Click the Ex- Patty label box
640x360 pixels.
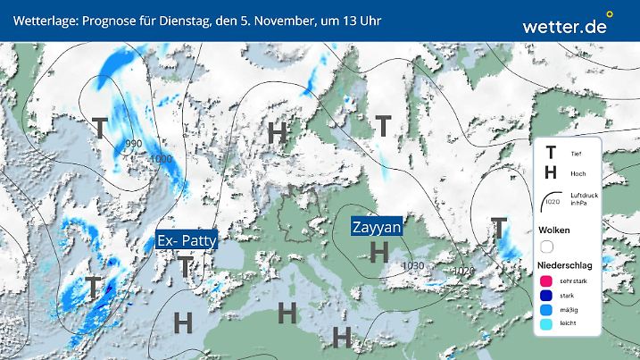187,241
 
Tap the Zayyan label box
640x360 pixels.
376,226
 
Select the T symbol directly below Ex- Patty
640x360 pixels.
185,266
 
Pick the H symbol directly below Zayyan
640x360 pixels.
378,253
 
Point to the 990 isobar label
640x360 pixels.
134,144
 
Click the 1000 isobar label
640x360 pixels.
162,159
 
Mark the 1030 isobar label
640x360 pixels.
412,266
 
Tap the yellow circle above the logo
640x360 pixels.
610,14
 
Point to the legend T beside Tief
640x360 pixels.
550,154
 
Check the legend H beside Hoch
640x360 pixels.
550,172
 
